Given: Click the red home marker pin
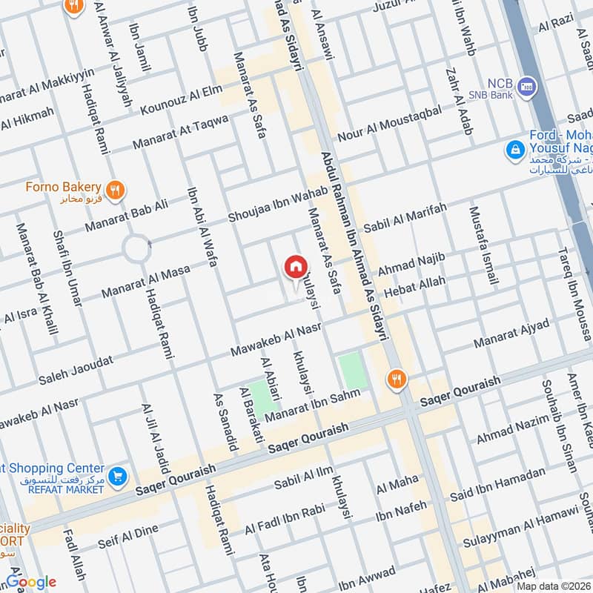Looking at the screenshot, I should (295, 268).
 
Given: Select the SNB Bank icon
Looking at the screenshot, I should (528, 86).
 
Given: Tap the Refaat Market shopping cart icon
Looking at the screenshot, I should (116, 475).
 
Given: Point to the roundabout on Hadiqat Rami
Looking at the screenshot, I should (138, 248).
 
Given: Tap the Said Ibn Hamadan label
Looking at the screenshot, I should (508, 486).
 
